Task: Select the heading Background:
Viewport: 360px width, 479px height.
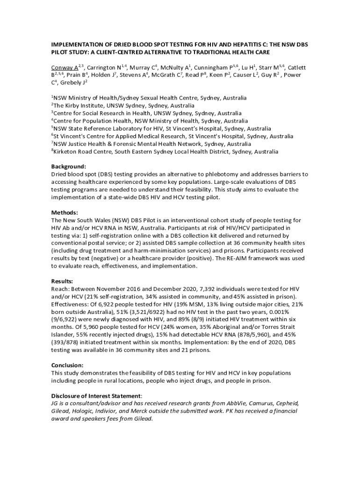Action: (x=68, y=166)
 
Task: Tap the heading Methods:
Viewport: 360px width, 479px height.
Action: (x=65, y=212)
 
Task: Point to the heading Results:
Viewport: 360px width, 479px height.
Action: (x=62, y=281)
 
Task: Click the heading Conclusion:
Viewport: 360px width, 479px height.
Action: (x=67, y=365)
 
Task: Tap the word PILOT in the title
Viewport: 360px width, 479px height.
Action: (x=60, y=52)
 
